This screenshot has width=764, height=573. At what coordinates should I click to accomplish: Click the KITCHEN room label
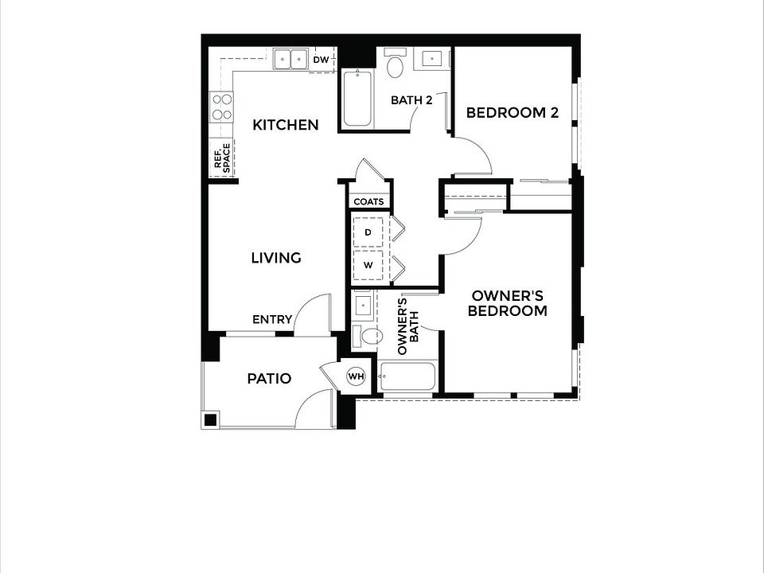pos(286,125)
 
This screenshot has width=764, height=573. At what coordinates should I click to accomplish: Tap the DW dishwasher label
pos(322,60)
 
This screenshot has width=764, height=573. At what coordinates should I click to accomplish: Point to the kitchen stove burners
pos(221,107)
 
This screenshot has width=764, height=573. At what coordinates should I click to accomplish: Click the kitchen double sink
pos(291,60)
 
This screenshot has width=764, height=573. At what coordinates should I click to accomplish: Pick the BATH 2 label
pos(411,100)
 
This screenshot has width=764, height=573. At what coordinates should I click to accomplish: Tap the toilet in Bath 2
pos(396,65)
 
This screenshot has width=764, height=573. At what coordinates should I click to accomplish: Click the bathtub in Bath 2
pos(357,99)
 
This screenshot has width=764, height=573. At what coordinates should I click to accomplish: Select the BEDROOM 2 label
pos(513,113)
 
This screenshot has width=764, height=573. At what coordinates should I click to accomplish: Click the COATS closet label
pos(368,202)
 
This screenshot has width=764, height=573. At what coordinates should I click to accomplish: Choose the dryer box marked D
pos(368,232)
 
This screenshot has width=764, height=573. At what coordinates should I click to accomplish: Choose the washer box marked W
pos(368,266)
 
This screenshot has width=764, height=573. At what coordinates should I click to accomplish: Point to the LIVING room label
pos(276,258)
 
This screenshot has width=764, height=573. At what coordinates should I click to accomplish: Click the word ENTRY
pos(272,320)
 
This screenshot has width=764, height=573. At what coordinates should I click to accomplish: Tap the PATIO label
pos(269,379)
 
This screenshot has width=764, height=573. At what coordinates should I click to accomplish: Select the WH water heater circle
pos(356,376)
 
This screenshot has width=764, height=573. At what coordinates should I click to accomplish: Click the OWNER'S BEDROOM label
pos(507,302)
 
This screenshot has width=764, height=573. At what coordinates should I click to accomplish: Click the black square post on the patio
pos(210,419)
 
